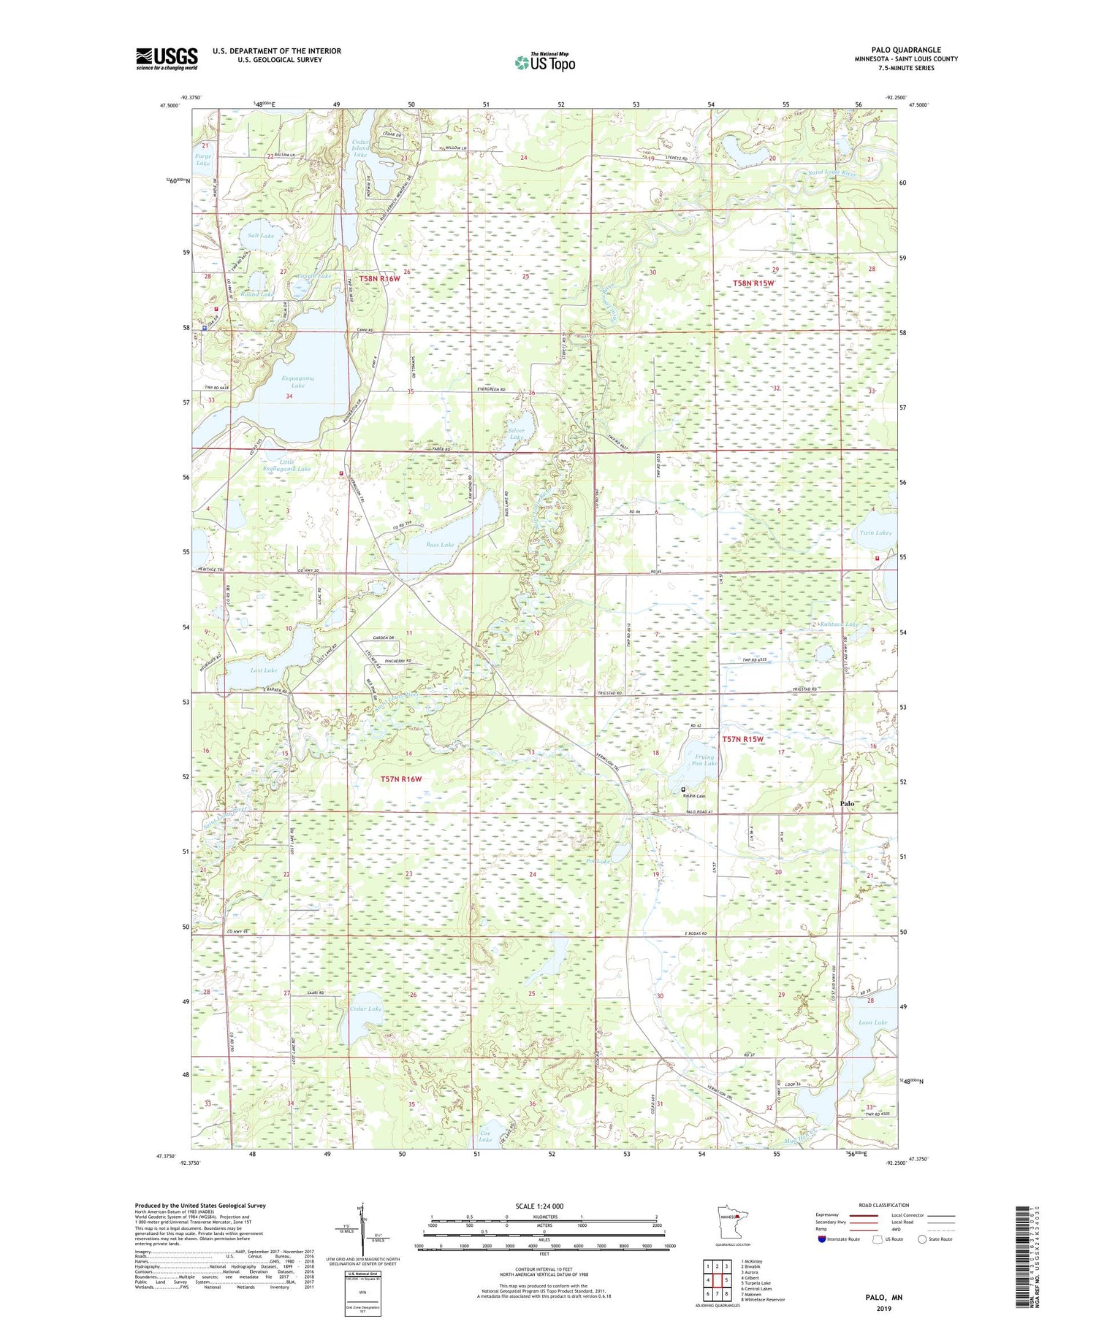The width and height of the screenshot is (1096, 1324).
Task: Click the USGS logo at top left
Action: pos(167,58)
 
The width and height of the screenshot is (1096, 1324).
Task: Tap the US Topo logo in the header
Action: pos(544,63)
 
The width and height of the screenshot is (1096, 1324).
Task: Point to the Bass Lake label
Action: pos(440,545)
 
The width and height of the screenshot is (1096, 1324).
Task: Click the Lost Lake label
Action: pos(263,670)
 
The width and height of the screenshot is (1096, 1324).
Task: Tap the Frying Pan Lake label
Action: pos(704,760)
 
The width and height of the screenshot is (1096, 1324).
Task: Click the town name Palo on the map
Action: pos(846,803)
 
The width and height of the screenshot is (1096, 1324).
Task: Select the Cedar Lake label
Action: pos(365,1009)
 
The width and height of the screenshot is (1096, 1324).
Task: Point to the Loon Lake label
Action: pos(872,1022)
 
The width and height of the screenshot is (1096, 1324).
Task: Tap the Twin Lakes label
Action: pos(875,533)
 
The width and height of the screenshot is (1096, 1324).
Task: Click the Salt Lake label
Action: pos(261,236)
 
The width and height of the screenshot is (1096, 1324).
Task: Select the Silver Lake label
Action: pos(517,434)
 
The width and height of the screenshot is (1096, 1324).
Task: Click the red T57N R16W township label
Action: pos(401,779)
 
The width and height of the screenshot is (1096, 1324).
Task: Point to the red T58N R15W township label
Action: pos(753,283)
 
